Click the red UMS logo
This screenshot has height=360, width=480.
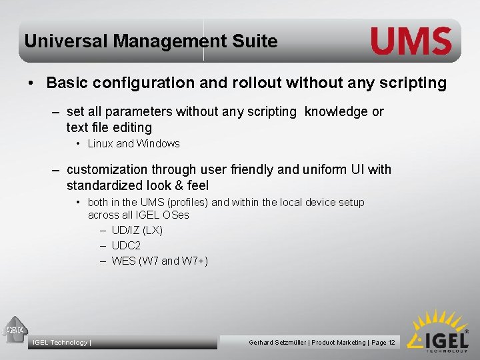point(411,41)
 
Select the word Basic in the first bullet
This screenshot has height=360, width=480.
point(67,83)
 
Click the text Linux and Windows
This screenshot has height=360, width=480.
point(134,144)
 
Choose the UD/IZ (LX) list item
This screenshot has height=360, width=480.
point(137,231)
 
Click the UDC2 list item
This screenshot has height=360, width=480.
point(126,246)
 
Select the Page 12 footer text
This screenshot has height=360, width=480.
point(383,343)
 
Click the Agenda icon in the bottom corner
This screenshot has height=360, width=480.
point(15,329)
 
